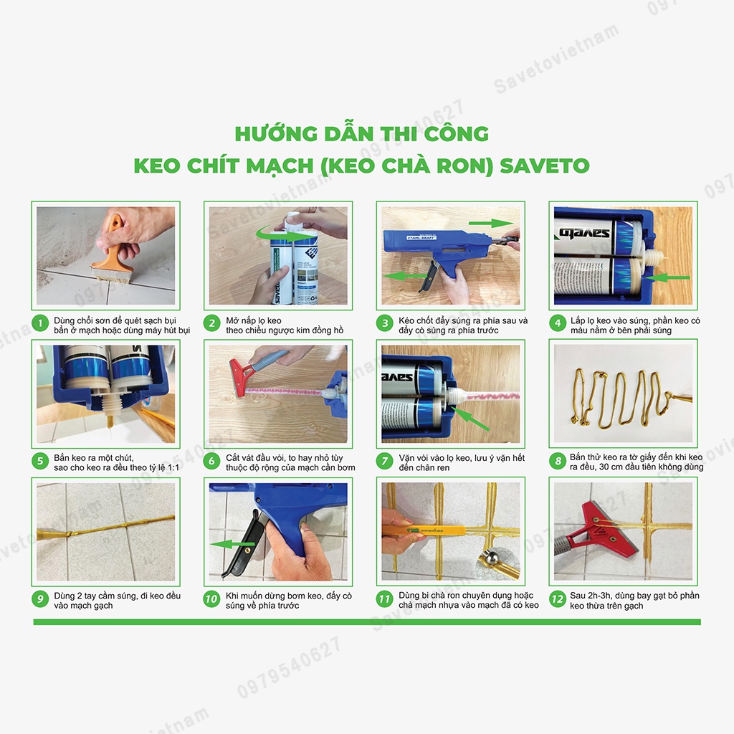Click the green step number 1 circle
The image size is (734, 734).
(x=39, y=323)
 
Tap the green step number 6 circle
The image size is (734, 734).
(x=212, y=460)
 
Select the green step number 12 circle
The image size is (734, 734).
(x=558, y=599)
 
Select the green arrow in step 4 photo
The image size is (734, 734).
(x=672, y=276)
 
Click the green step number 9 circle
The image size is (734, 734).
(x=39, y=599)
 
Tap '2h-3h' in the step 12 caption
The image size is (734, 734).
(x=598, y=596)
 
